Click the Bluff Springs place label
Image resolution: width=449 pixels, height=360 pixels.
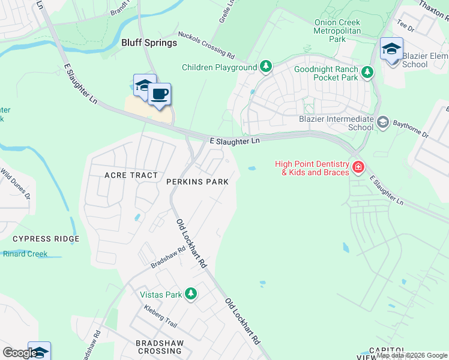point(149,43)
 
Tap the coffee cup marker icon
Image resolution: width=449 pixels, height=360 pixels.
point(159,95)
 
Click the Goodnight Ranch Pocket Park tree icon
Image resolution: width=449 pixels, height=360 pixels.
point(367,73)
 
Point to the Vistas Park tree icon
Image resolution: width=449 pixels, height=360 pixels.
point(191,294)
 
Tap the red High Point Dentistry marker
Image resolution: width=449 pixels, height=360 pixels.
point(358,167)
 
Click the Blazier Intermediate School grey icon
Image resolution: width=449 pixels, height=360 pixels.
point(383,123)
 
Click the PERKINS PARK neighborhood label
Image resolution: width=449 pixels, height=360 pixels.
point(197,181)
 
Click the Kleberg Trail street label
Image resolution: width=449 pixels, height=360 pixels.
point(160,316)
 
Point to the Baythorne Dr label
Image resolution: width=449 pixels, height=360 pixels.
point(411,128)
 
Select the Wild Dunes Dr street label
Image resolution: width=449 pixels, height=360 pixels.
point(15,184)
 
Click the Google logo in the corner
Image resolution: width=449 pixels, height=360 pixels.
point(20,353)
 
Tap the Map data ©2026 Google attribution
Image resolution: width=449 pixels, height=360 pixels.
point(412,355)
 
